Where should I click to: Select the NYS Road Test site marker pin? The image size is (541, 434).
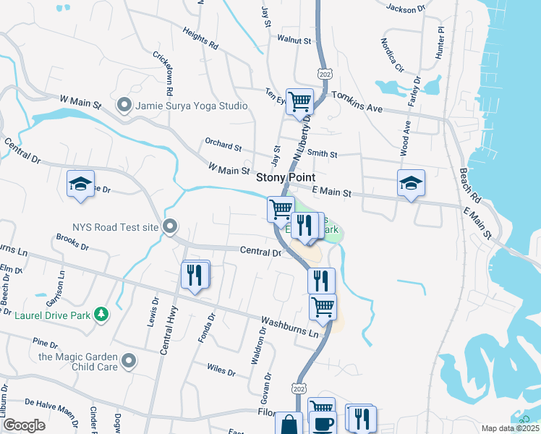170,227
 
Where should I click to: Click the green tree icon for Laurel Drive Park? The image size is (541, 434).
103,313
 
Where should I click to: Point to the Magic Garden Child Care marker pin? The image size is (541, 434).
129,361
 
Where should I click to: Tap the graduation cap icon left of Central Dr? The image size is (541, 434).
81,184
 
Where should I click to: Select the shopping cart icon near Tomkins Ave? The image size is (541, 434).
299,101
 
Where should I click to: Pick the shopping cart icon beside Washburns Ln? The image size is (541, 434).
323,306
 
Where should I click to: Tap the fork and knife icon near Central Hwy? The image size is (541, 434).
195,275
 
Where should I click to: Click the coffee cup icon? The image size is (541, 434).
323,423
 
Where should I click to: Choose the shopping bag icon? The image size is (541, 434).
289,425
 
